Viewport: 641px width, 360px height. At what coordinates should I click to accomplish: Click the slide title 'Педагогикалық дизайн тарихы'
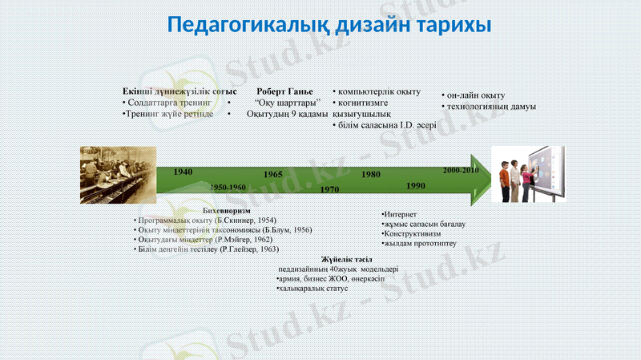pyautogui.click(x=329, y=24)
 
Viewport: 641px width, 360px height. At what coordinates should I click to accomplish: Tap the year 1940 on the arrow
pyautogui.click(x=183, y=172)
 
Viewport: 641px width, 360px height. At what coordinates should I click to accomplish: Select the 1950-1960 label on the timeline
pyautogui.click(x=228, y=187)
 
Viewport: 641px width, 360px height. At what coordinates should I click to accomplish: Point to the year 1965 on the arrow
pyautogui.click(x=273, y=174)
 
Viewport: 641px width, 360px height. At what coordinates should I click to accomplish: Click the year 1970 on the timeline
pyautogui.click(x=329, y=189)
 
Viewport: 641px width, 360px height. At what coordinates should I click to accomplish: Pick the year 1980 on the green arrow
pyautogui.click(x=371, y=174)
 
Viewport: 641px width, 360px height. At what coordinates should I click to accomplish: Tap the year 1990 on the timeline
pyautogui.click(x=416, y=185)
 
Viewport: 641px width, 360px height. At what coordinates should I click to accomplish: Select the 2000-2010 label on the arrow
pyautogui.click(x=461, y=171)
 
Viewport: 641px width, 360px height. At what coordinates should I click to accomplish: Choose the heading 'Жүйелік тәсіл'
pyautogui.click(x=342, y=260)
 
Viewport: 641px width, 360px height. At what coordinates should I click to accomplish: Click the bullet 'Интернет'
pyautogui.click(x=401, y=214)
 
